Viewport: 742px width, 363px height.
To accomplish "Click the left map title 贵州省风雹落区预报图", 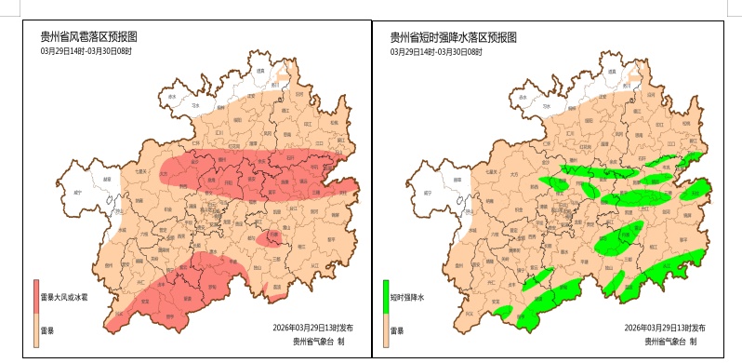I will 88,36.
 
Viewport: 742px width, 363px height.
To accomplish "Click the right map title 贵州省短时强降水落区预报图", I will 452,36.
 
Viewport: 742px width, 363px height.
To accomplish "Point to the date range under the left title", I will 86,51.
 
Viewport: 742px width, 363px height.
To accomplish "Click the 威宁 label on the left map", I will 78,193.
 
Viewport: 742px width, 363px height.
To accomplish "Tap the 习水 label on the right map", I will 544,107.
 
